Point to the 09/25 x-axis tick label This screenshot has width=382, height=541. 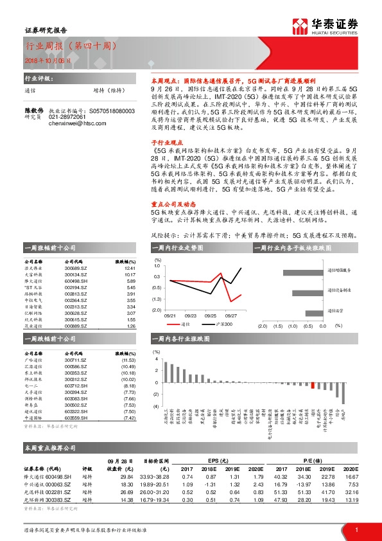coord(211,316)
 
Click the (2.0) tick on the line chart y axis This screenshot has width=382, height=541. coord(157,310)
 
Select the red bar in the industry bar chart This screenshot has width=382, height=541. coord(313,385)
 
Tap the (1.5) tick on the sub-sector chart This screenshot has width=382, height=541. coord(277,326)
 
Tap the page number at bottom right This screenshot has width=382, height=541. coord(356,529)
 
